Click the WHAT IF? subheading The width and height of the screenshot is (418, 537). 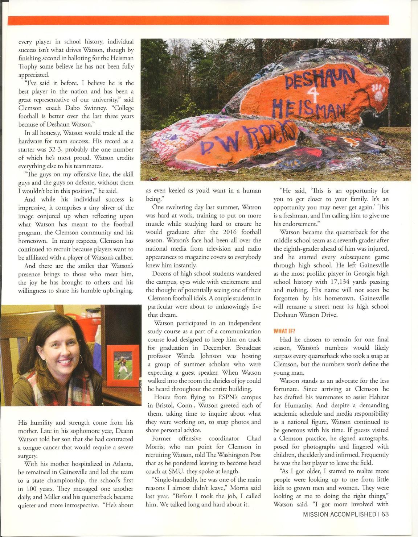[x=284, y=331]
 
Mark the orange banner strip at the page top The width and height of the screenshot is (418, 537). [x=198, y=20]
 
